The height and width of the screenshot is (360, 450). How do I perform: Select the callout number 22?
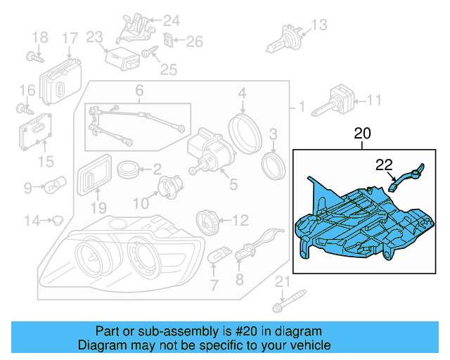pos(383,165)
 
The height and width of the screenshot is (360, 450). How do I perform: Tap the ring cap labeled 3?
pos(272,166)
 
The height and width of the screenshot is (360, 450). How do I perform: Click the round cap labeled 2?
pos(128,169)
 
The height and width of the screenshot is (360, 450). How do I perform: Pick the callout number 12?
pos(240,220)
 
